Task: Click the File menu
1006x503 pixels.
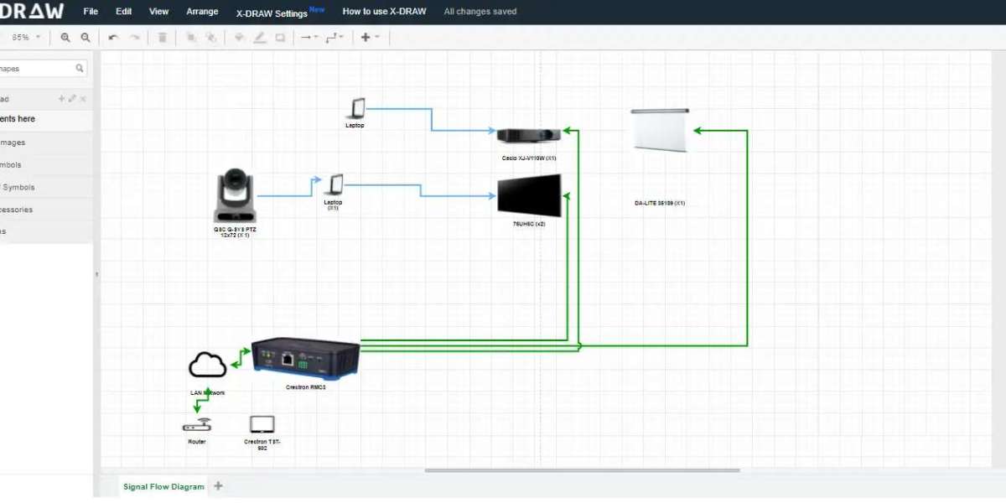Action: tap(91, 12)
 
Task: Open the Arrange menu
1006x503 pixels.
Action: tap(202, 12)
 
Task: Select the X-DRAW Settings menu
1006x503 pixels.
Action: tap(272, 13)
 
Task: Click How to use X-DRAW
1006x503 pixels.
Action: tap(384, 12)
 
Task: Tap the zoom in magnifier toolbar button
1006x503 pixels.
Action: tap(65, 38)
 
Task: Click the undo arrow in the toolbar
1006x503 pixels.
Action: tap(113, 38)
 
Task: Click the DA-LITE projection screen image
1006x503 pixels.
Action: tap(661, 130)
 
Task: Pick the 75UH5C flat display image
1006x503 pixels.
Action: tap(529, 196)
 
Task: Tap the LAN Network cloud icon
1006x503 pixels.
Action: tap(207, 366)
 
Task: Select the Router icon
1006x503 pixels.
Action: tap(197, 425)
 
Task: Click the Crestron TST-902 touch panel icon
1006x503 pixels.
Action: tap(262, 424)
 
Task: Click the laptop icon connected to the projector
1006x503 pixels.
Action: tap(356, 108)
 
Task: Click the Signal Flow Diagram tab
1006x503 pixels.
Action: tap(163, 486)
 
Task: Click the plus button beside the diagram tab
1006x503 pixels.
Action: tap(219, 485)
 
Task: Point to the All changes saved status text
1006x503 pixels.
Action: tap(480, 12)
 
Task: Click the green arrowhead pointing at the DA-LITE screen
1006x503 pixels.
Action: tap(697, 130)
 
